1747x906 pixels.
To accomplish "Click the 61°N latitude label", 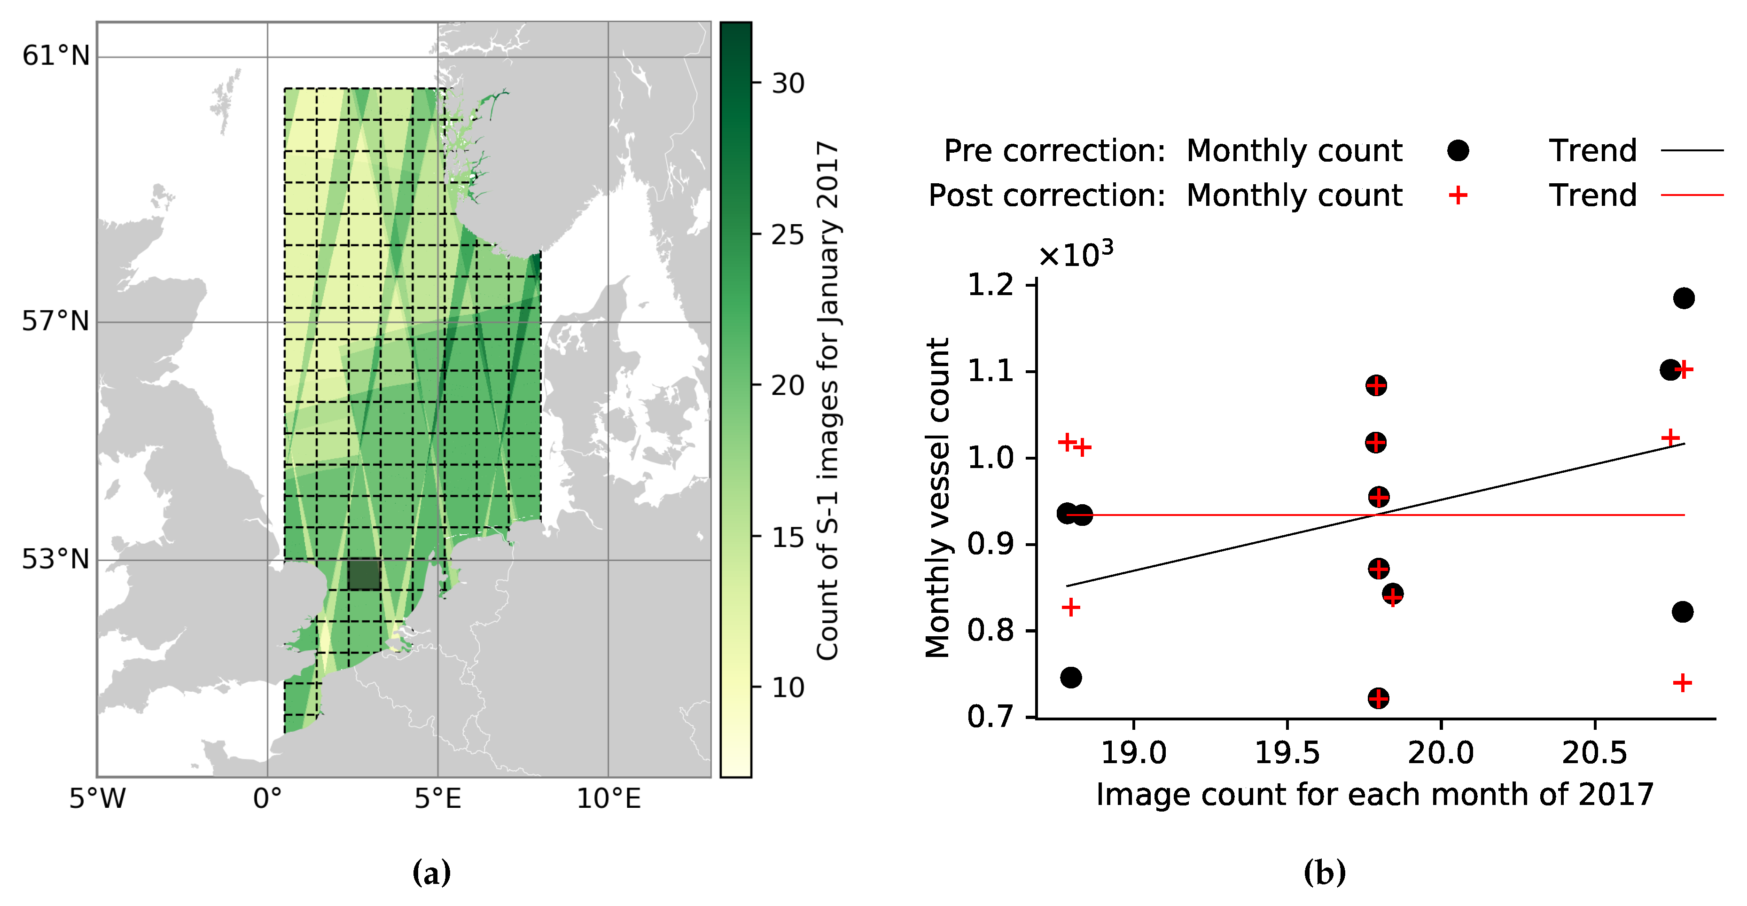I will pos(55,55).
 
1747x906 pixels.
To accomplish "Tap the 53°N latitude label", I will pos(55,560).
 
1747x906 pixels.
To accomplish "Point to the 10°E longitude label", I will pos(608,799).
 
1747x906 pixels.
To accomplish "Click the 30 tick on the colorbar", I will pos(788,84).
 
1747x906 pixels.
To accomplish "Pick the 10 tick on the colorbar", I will pos(788,687).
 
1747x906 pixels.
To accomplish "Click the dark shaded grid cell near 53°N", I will pos(364,574).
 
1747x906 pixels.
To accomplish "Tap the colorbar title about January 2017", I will pos(828,400).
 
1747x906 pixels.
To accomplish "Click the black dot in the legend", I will pos(1458,150).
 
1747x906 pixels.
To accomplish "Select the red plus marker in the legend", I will pos(1458,195).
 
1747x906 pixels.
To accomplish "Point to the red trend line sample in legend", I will pos(1692,195).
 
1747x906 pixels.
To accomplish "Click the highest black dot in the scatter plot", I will pos(1683,298).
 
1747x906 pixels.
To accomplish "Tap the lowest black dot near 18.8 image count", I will pos(1071,677).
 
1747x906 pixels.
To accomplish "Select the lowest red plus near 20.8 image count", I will pos(1682,682).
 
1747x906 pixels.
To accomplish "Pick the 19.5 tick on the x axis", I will pos(1287,753).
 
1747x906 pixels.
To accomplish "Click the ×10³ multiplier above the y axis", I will pos(1076,255).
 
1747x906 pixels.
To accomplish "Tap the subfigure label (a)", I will pos(431,872).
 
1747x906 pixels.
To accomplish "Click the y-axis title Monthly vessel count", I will pos(938,499).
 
